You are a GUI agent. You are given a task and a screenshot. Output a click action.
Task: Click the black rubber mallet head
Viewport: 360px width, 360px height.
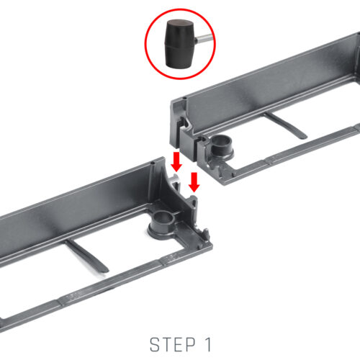(179, 44)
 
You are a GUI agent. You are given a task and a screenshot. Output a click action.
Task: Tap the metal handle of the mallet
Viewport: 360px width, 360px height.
(204, 38)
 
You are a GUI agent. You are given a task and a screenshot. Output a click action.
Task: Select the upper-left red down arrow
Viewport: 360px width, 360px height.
(176, 161)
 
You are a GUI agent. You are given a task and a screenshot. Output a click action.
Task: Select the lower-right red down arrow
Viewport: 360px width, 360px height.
(194, 182)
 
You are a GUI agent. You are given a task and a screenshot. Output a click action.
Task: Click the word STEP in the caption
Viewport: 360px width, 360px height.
(173, 345)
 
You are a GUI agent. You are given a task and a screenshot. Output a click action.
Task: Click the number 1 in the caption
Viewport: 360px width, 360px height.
(208, 345)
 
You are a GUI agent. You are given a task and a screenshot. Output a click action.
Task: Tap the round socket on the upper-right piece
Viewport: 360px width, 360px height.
(221, 145)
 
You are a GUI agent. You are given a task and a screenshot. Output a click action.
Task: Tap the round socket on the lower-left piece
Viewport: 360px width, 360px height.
(163, 222)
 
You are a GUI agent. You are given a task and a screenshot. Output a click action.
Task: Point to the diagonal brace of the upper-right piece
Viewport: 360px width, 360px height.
(286, 126)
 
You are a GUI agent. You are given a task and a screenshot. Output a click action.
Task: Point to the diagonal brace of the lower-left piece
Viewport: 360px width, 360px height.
(86, 256)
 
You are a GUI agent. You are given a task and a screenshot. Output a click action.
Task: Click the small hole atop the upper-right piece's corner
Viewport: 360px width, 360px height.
(184, 98)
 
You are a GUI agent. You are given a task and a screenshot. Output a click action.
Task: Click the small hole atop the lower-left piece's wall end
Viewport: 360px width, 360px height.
(153, 163)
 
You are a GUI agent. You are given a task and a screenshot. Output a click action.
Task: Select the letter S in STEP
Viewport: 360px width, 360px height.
(155, 345)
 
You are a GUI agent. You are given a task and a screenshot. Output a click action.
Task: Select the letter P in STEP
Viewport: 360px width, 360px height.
(190, 345)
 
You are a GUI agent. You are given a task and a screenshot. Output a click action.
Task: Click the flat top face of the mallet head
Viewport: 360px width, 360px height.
(181, 24)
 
